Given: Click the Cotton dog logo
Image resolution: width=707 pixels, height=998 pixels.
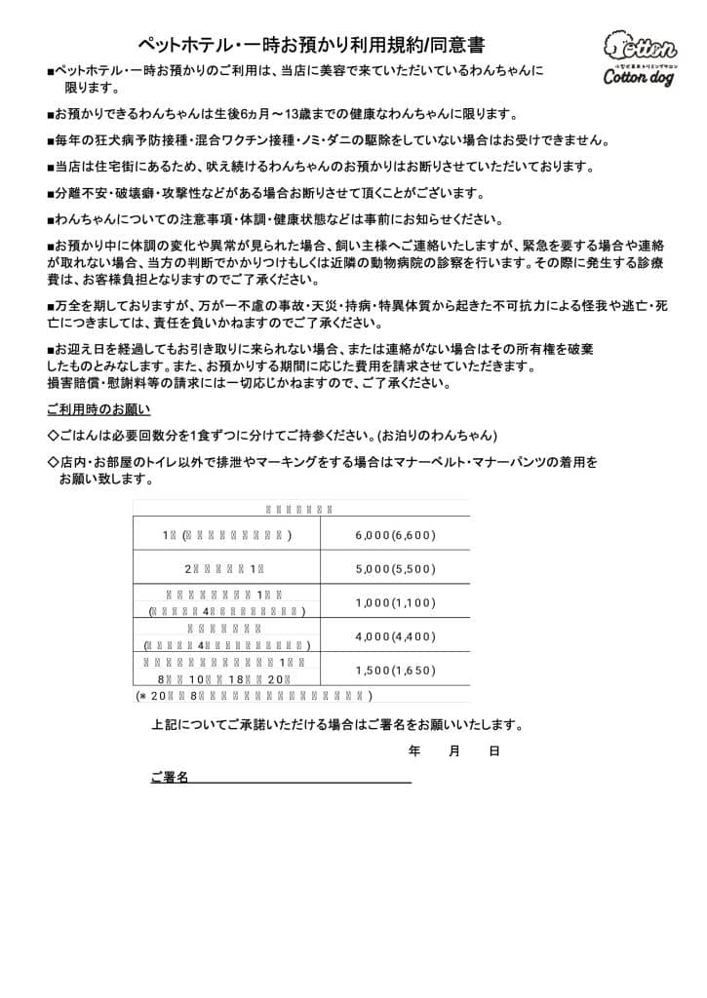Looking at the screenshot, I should [639, 58].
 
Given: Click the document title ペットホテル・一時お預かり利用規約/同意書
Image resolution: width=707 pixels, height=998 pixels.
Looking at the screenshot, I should [311, 45].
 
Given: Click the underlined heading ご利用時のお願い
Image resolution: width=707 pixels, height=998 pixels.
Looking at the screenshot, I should [98, 408].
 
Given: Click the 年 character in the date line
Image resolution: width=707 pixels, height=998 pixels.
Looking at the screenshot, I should [414, 751].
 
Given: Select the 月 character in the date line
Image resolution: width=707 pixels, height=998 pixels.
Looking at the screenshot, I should [454, 751].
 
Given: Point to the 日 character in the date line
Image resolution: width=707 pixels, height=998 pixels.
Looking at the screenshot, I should [494, 751].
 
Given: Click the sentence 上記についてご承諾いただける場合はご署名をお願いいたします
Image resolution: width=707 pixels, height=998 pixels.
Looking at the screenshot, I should [337, 725].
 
